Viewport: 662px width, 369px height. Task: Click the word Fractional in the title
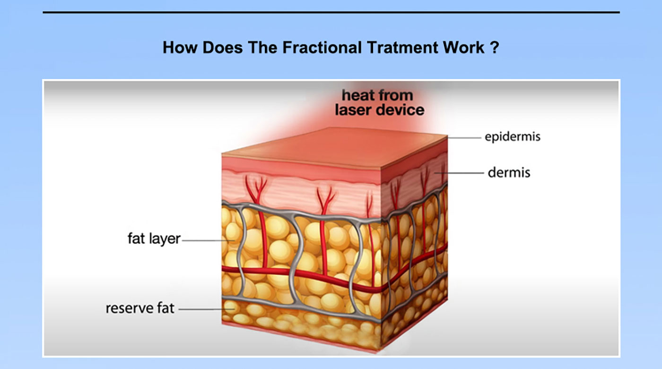click(x=322, y=47)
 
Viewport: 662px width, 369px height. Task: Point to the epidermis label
click(x=513, y=137)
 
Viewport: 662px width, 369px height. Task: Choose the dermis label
click(x=509, y=172)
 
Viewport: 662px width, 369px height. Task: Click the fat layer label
click(x=154, y=239)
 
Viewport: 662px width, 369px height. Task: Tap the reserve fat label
click(x=140, y=308)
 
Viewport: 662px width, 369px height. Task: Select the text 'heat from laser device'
click(x=379, y=102)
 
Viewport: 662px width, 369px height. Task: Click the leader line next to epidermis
click(x=464, y=138)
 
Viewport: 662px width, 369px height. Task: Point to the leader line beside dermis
click(x=459, y=173)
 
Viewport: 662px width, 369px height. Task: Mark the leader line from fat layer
click(x=209, y=241)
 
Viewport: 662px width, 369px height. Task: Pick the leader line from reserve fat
click(x=207, y=309)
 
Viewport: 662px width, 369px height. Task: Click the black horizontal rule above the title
click(x=331, y=12)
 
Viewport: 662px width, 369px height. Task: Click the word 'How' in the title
click(x=180, y=47)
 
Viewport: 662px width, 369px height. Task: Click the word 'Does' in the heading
click(x=222, y=47)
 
